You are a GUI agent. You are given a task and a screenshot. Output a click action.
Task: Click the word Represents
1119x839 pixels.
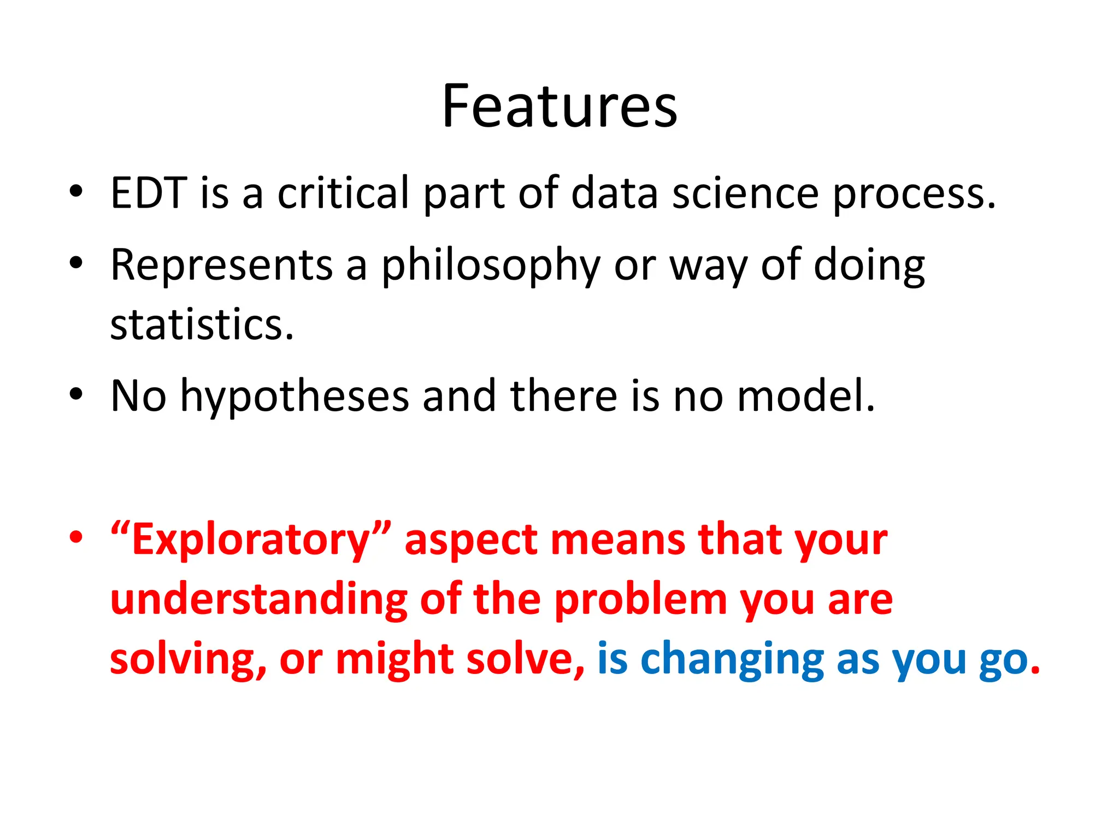[221, 265]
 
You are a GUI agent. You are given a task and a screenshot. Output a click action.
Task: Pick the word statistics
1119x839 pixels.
[202, 325]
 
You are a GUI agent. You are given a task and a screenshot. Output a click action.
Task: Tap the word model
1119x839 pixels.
[805, 395]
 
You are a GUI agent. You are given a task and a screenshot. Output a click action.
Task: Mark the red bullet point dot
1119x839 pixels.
[76, 537]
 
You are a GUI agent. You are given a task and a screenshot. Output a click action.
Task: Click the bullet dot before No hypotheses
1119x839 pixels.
[76, 393]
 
